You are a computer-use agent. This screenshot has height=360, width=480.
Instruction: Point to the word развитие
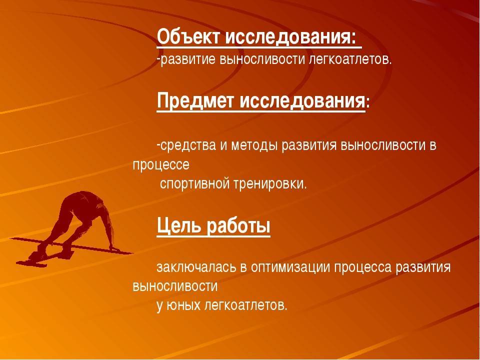(188, 59)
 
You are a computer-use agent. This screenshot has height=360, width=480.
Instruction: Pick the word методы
(254, 145)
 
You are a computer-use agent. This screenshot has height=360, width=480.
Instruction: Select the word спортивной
(194, 183)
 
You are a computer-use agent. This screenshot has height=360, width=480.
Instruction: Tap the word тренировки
(270, 183)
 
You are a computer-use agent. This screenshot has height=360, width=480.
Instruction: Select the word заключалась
(196, 267)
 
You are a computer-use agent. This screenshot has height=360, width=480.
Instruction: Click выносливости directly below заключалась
(175, 286)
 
